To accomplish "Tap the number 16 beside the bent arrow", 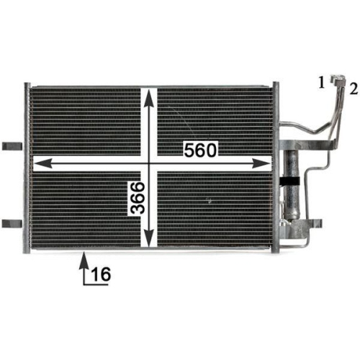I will [100, 274].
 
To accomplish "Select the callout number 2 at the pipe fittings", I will [353, 89].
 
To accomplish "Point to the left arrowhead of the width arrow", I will [37, 164].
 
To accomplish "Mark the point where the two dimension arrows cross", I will [150, 164].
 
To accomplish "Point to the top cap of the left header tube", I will [28, 86].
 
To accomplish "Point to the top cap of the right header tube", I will [275, 86].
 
